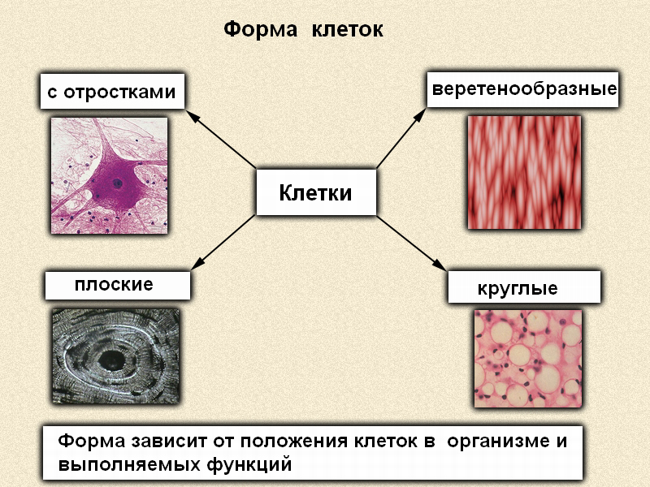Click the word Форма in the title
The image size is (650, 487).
tap(261, 30)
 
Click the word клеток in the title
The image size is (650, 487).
tap(348, 30)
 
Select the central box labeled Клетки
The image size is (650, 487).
tap(316, 192)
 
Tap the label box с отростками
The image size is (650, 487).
tap(112, 92)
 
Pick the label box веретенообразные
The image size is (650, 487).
tap(522, 89)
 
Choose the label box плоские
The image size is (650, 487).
tap(118, 285)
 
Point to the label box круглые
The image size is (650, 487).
tap(524, 287)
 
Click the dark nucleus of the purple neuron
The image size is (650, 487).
tap(118, 183)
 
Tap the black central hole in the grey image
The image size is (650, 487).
tap(111, 360)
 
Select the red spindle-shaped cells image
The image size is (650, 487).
tap(524, 172)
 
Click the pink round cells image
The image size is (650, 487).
tap(527, 359)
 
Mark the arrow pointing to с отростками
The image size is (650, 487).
tap(221, 139)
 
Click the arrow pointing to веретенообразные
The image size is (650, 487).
tap(401, 138)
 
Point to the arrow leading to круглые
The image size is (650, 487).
tap(411, 243)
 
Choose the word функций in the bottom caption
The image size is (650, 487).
tap(249, 464)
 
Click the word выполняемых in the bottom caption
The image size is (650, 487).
tap(129, 464)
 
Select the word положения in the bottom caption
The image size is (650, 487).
tap(294, 442)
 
